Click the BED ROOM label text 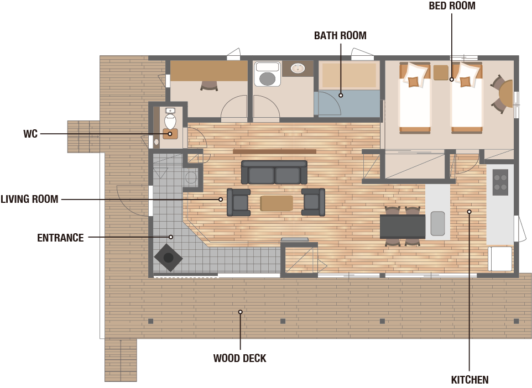(452, 6)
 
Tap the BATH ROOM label (340, 35)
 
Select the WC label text (30, 134)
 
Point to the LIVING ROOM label (29, 199)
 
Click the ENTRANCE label (60, 238)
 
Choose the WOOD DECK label (240, 358)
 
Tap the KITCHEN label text (470, 380)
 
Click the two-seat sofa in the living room (274, 172)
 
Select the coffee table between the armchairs (277, 203)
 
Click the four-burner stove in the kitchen (500, 182)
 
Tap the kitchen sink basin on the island (437, 223)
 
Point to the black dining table (403, 227)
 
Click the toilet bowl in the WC (170, 122)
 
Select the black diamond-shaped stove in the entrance (169, 258)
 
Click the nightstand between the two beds (441, 72)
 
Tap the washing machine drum (267, 78)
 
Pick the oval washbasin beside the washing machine (298, 69)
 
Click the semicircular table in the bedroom (506, 93)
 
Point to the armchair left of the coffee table (238, 202)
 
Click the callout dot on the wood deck (240, 312)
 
